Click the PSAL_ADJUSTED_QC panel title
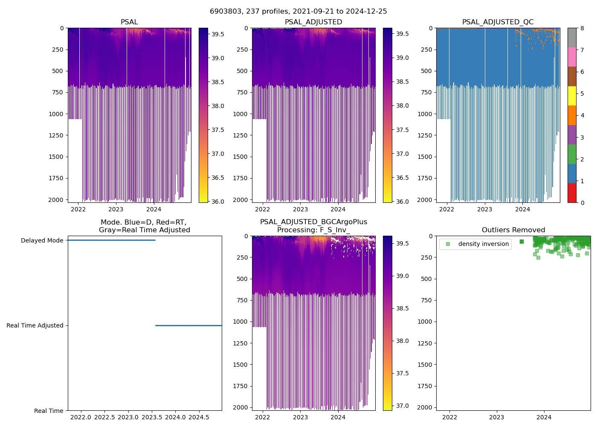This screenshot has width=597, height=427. coord(498,22)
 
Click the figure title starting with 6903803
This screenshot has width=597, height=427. coord(298,12)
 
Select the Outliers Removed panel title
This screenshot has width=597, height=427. coord(513,230)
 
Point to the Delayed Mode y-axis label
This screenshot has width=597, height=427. coord(42,241)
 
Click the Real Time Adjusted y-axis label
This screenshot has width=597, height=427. coord(35,326)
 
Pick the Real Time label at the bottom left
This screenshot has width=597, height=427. coord(49,411)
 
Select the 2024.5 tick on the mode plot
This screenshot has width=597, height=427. coord(199,417)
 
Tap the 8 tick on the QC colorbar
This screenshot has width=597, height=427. coord(582,28)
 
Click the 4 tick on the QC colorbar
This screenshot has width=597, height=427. coord(582,116)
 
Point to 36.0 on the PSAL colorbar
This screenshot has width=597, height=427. coord(218,202)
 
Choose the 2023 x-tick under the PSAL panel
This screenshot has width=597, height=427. coord(116,209)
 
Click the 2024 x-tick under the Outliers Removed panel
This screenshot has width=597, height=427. coord(544,417)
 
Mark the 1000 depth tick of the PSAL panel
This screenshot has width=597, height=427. coord(58,114)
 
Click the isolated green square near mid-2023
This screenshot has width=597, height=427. coord(522,242)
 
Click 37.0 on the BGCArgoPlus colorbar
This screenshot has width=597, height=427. coord(403,406)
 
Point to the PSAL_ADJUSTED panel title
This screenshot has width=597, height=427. coord(313,22)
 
